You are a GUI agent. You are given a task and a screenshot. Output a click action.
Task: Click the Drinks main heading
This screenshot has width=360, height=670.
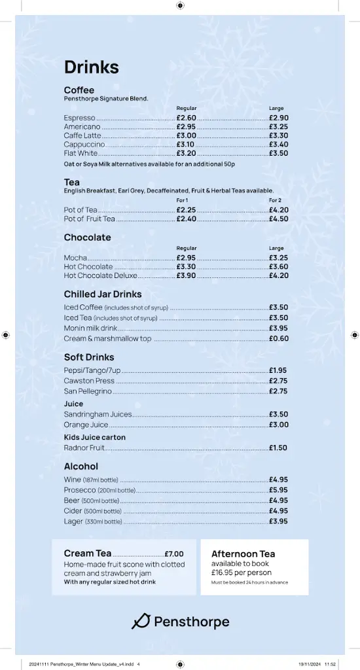coord(91,67)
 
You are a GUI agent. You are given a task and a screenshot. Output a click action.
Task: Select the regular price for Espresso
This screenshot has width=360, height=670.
coord(186,118)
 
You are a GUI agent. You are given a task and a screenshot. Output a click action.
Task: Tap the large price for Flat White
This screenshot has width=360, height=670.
coord(278,153)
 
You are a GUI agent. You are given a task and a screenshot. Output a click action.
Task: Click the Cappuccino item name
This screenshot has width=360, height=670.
coord(84,145)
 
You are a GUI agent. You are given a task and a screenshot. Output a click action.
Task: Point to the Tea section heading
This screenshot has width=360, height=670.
coord(72,182)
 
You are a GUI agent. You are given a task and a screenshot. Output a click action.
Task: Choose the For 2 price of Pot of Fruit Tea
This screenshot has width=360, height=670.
coord(278,219)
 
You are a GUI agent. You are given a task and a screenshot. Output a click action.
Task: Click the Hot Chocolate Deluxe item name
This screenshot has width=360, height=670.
coord(100,276)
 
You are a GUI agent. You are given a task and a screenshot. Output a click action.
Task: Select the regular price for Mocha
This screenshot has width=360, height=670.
coord(186,258)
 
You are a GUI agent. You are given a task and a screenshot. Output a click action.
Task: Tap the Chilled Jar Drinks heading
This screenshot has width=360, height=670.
coord(103,294)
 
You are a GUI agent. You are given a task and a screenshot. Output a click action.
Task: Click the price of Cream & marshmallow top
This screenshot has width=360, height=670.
coord(278,339)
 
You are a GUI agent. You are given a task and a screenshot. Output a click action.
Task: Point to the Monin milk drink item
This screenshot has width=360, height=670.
coord(90,328)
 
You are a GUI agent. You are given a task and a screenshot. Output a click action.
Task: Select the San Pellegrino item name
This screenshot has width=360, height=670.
coord(88,391)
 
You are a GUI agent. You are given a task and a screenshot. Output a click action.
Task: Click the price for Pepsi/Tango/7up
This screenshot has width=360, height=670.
coord(278,370)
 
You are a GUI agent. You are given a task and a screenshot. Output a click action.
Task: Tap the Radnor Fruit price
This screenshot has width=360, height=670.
coord(278,448)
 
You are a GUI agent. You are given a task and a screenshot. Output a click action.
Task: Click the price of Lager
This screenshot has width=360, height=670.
coord(278,521)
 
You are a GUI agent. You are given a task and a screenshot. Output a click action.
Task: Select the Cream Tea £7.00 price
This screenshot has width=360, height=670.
coord(174,554)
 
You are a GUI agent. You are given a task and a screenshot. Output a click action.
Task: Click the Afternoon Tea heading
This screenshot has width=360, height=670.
coord(243,554)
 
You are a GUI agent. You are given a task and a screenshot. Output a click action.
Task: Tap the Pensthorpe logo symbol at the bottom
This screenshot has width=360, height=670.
coord(141,622)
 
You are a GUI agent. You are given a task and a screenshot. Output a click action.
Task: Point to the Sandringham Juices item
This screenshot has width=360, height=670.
coord(98,414)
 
